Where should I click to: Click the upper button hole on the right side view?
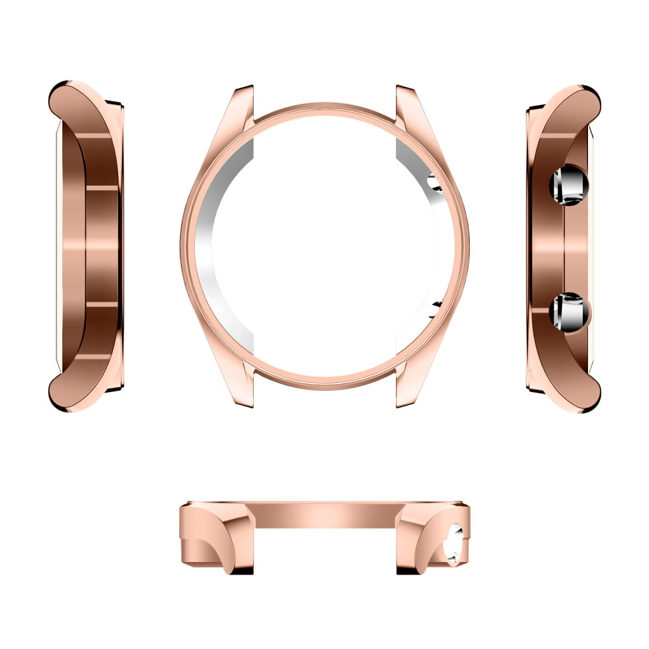[569, 185]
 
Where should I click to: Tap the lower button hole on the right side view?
[569, 312]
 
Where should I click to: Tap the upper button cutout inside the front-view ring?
[435, 184]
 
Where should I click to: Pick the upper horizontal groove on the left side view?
[102, 188]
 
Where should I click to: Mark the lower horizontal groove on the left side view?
[102, 304]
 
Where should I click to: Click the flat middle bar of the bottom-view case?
[324, 516]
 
